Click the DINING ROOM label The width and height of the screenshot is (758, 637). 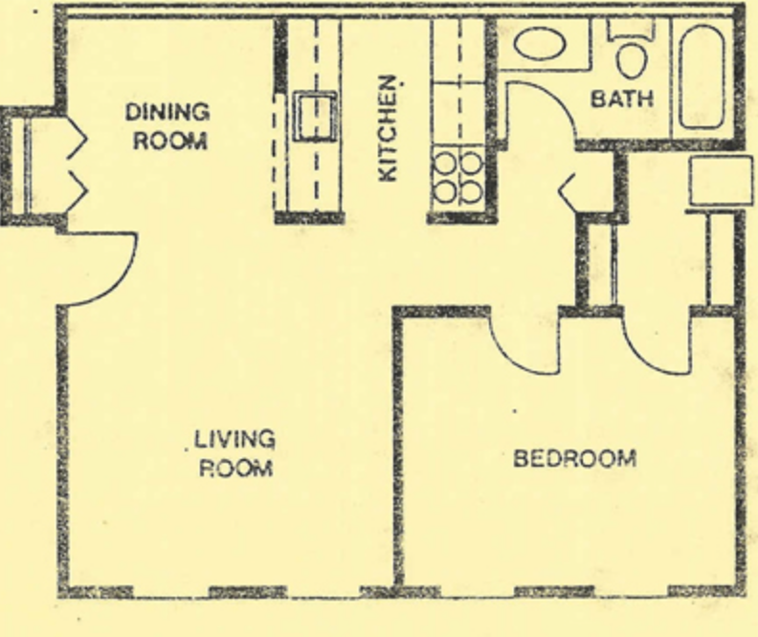(167, 126)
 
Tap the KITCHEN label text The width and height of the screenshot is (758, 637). (390, 128)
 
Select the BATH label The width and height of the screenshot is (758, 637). (622, 99)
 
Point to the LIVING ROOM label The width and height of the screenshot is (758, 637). (235, 453)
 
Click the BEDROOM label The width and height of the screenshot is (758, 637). (575, 458)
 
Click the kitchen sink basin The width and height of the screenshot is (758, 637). (316, 117)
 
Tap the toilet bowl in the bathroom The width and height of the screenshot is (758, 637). (632, 60)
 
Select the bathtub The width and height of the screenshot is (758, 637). (702, 77)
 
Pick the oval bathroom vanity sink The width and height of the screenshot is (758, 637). (540, 44)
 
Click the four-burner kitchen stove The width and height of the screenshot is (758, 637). (457, 177)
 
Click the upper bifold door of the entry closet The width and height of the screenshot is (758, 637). (76, 139)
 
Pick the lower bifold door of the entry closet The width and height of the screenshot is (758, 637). (77, 191)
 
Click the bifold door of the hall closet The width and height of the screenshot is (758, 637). (567, 192)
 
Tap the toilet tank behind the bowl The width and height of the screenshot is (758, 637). (631, 30)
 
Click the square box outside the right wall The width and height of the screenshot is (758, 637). (721, 181)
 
